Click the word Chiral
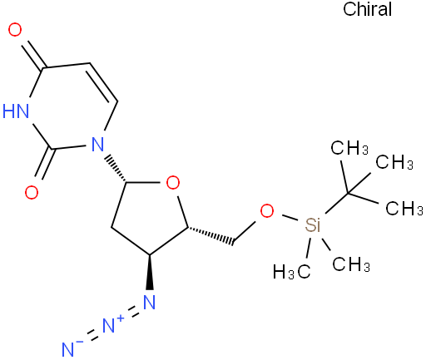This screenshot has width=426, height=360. [367, 9]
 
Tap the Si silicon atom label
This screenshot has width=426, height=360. [313, 224]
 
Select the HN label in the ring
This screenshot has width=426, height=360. [16, 111]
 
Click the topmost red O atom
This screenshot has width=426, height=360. [15, 30]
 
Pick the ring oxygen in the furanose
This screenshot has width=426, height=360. [173, 183]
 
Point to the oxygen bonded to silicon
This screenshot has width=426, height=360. [267, 211]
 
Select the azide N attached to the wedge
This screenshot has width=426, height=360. [150, 302]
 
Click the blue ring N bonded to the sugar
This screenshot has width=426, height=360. [97, 144]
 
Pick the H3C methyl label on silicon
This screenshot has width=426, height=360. [291, 271]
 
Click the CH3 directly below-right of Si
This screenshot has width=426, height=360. [351, 264]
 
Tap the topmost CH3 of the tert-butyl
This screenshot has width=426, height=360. [349, 147]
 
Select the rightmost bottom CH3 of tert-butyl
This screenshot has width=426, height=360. [404, 208]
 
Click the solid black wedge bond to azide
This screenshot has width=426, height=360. [150, 272]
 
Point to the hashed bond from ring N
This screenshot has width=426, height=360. [116, 169]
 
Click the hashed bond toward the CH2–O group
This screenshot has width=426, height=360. [211, 236]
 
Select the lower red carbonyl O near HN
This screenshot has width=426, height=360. [32, 192]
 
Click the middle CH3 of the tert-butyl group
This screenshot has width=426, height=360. [394, 162]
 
